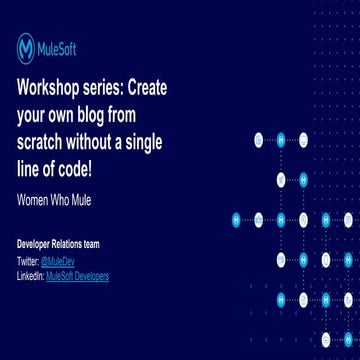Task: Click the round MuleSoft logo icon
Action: pos(27,47)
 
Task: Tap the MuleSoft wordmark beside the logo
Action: pos(61,47)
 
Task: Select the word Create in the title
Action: pos(147,86)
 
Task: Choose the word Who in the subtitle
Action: pos(64,197)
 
